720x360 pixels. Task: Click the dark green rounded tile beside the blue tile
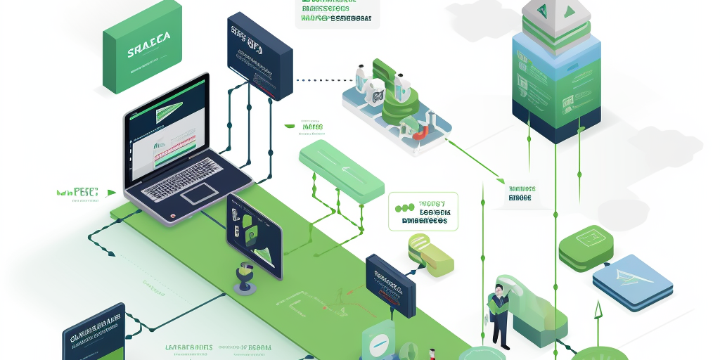coord(586,247)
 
